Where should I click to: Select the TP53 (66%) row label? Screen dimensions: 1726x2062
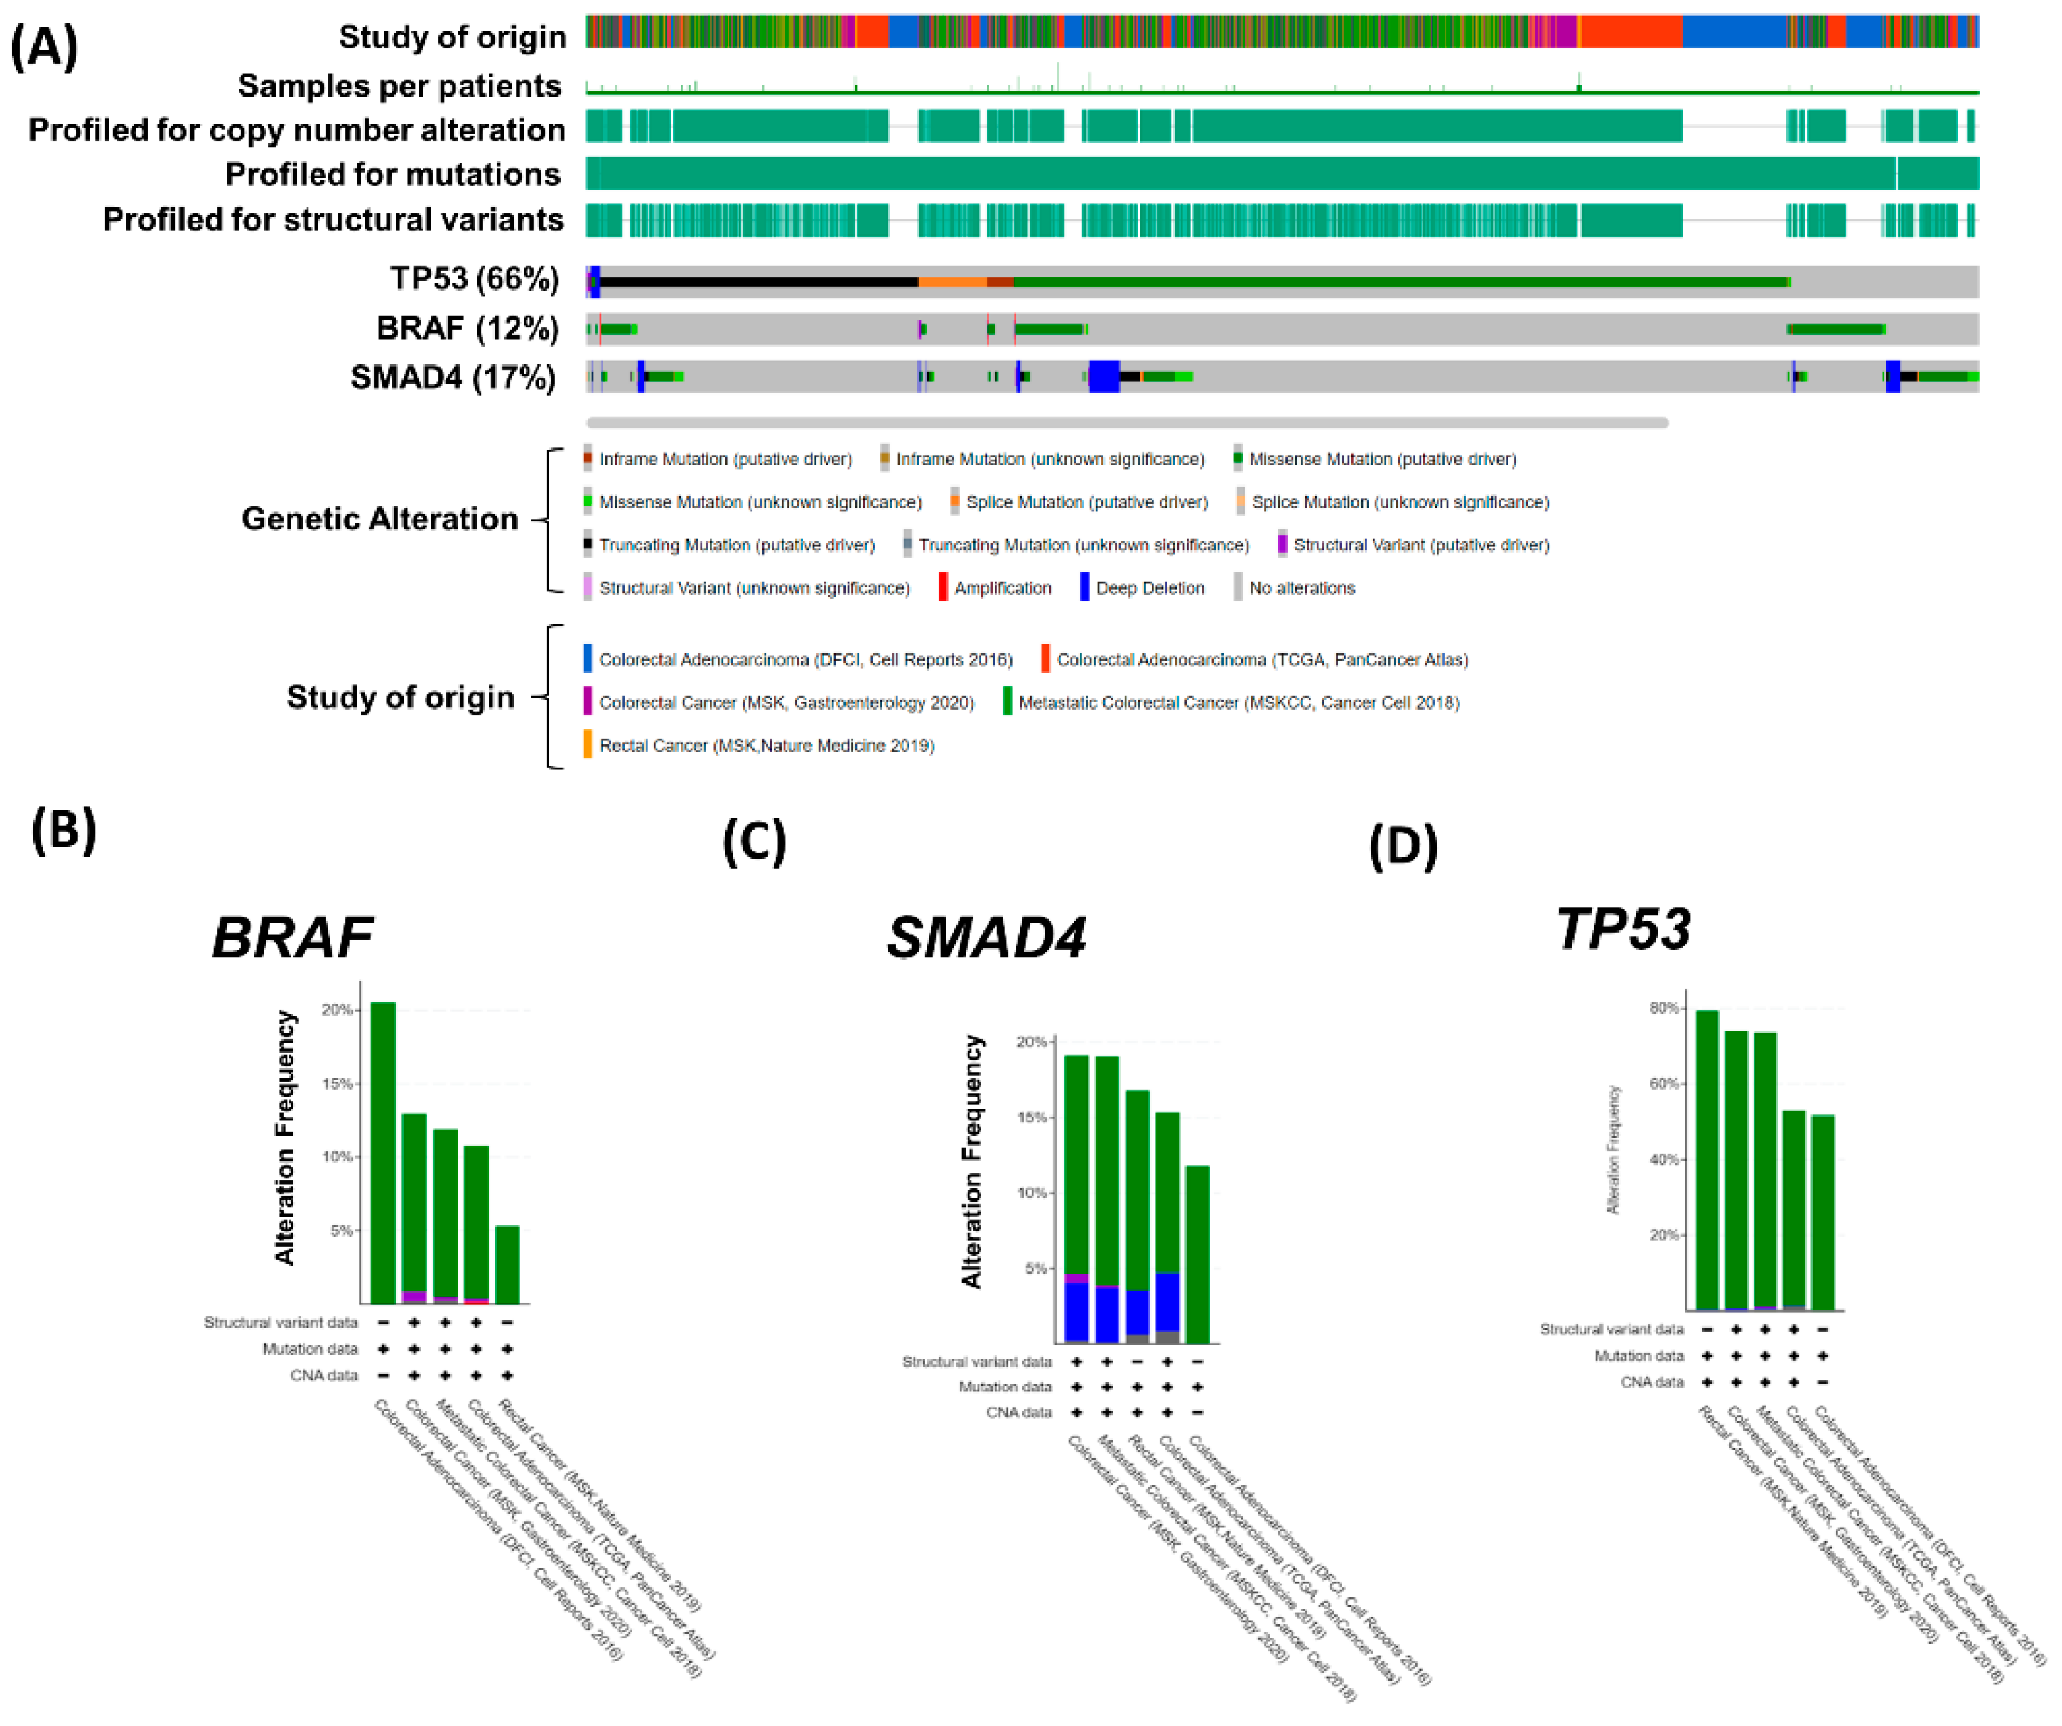point(474,279)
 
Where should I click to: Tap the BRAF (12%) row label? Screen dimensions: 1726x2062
point(468,328)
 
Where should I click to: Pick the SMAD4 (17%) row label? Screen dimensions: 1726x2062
point(453,377)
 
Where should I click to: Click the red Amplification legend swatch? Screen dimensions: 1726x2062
point(943,587)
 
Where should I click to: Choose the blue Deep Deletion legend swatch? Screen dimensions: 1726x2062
point(1084,587)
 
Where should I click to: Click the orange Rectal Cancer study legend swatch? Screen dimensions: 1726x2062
point(587,744)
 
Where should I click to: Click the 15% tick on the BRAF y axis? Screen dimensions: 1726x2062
point(338,1084)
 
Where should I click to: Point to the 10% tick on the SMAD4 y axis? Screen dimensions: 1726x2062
point(1033,1193)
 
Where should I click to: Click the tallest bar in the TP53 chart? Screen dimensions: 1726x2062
point(1707,1158)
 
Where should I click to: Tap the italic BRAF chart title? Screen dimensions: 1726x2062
point(293,938)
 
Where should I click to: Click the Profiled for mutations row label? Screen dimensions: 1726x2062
point(393,174)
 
